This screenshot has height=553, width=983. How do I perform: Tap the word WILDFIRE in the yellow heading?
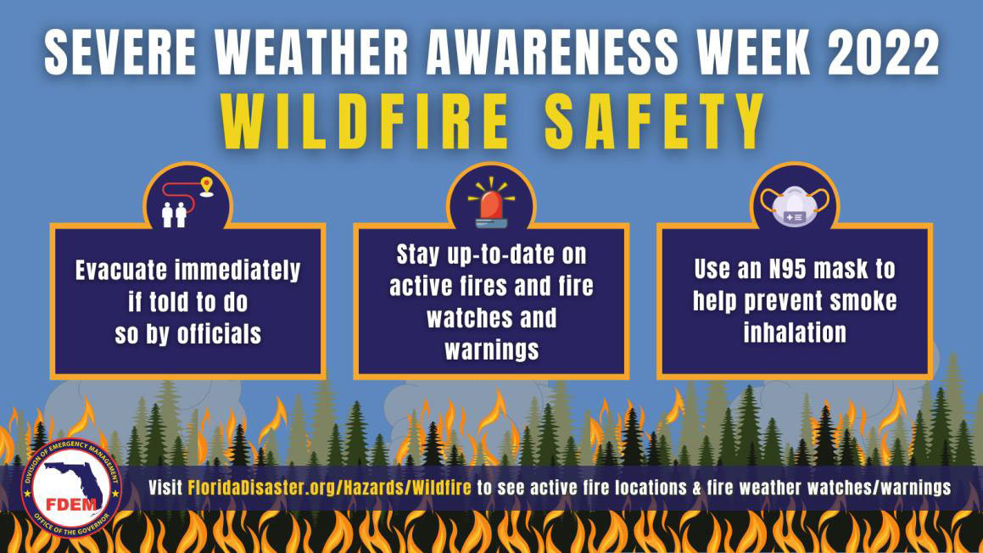pyautogui.click(x=365, y=121)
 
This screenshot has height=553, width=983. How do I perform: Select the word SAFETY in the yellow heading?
pyautogui.click(x=654, y=121)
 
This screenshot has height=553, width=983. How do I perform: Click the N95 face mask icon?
pyautogui.click(x=795, y=205)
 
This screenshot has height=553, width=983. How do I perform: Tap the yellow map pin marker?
pyautogui.click(x=206, y=187)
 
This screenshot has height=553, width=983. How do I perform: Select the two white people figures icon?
pyautogui.click(x=174, y=215)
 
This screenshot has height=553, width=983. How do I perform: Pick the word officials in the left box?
pyautogui.click(x=219, y=334)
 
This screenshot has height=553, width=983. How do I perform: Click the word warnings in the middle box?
pyautogui.click(x=492, y=349)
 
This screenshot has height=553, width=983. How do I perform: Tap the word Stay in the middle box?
pyautogui.click(x=417, y=254)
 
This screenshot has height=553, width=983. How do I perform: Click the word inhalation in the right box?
pyautogui.click(x=795, y=333)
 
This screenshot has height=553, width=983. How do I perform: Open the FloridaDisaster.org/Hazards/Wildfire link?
pyautogui.click(x=329, y=487)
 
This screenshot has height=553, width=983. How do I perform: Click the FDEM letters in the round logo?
pyautogui.click(x=71, y=505)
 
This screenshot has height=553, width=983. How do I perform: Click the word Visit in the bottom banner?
pyautogui.click(x=165, y=487)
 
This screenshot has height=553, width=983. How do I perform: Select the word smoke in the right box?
pyautogui.click(x=863, y=301)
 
